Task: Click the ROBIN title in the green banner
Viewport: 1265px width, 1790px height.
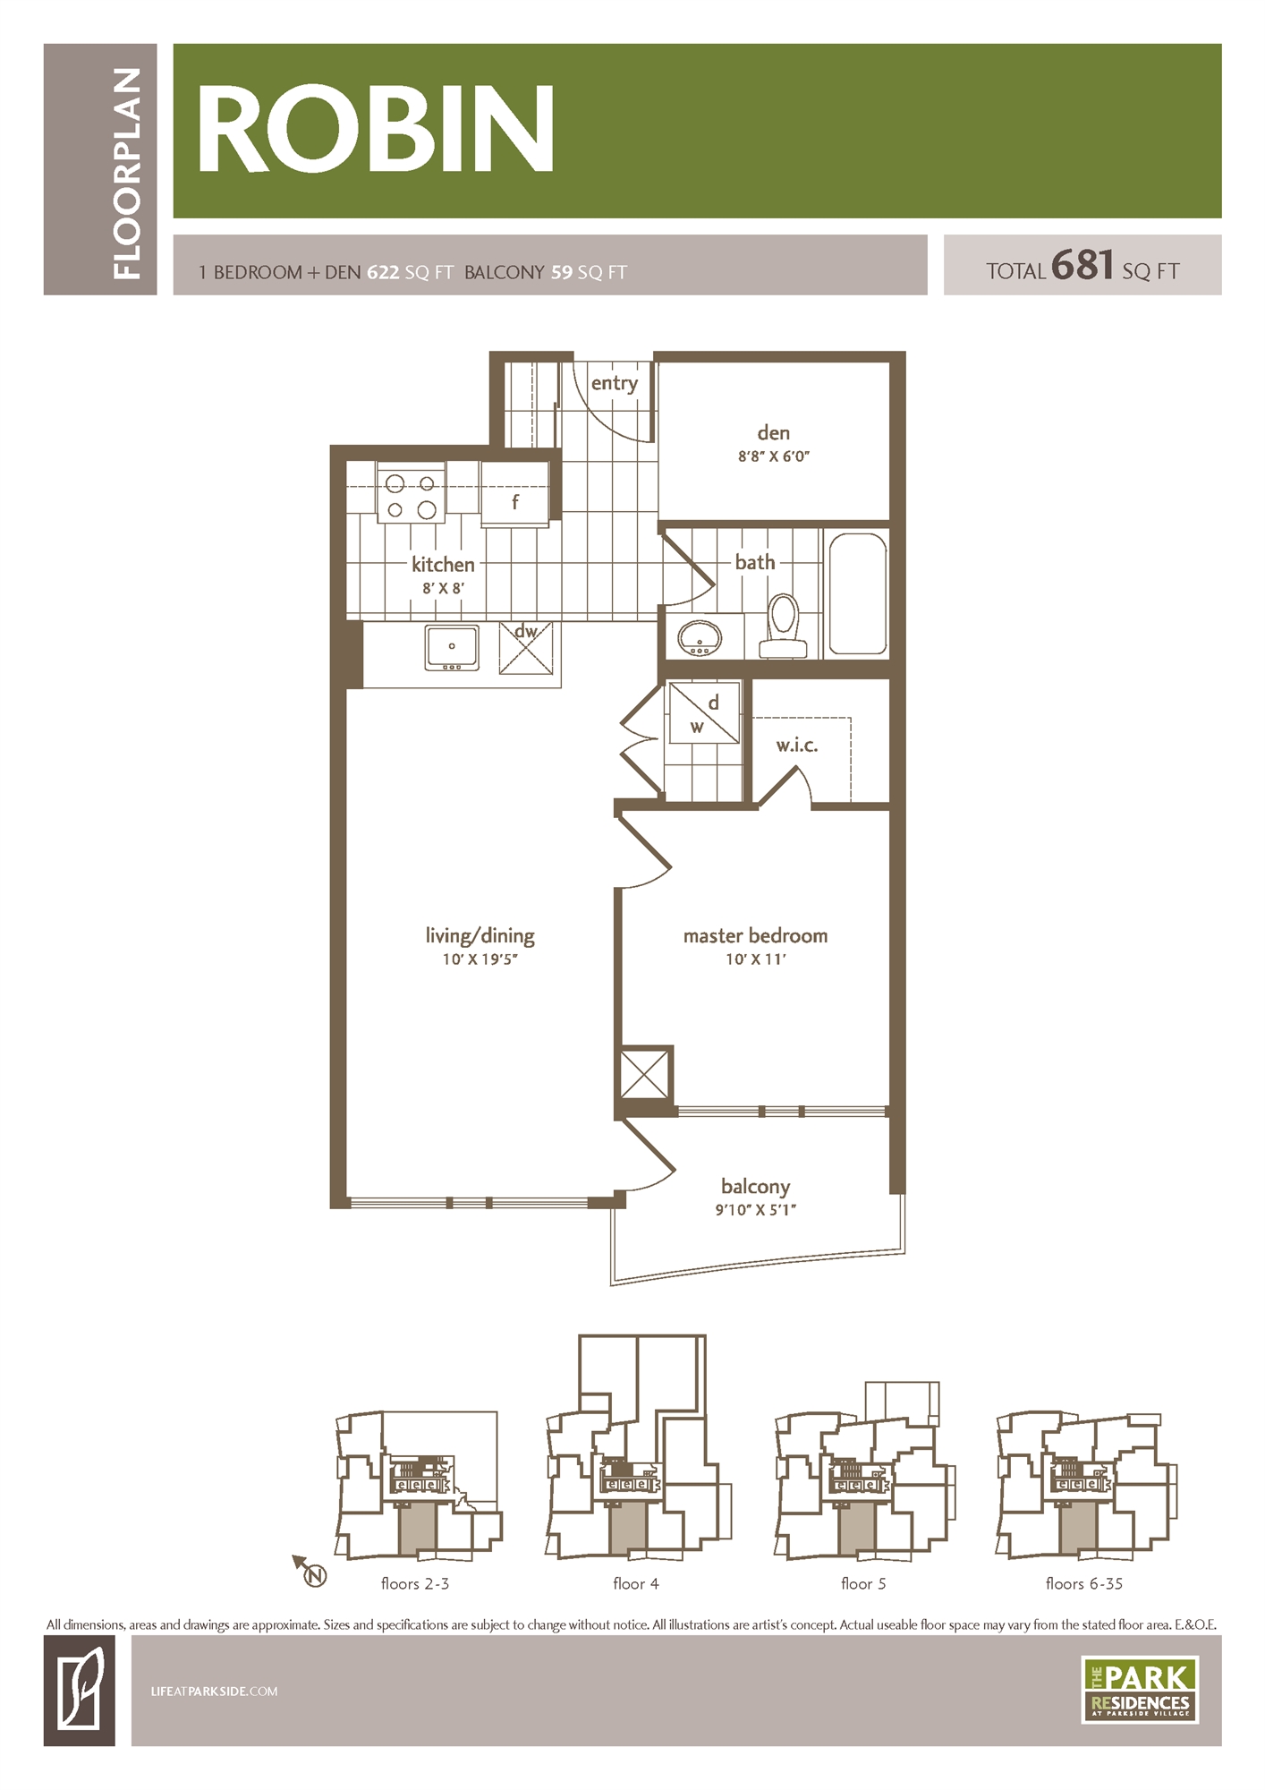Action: pos(375,129)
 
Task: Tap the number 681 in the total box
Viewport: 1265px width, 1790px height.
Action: pos(1082,266)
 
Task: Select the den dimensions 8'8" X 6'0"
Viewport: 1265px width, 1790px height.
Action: pos(773,456)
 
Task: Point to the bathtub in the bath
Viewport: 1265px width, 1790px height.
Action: pos(857,593)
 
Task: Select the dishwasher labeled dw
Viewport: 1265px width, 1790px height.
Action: pos(526,648)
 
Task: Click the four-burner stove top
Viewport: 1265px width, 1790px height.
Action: pos(412,497)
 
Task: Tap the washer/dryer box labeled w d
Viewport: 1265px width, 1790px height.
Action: pos(704,713)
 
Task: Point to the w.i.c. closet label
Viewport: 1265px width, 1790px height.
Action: pos(796,746)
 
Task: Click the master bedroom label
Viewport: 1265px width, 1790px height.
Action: pos(755,936)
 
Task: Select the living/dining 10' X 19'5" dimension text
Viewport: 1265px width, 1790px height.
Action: pos(480,959)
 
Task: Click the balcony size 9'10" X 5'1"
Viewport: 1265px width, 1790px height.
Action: pos(755,1210)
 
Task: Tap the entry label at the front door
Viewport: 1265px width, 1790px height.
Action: pos(614,383)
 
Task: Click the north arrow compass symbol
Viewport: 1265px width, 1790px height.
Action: pos(310,1573)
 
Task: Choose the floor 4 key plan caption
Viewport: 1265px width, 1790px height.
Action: pos(635,1584)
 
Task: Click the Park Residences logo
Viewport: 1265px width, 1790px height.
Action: pos(1139,1690)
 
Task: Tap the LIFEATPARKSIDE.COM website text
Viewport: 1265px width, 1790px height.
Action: pos(214,1692)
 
